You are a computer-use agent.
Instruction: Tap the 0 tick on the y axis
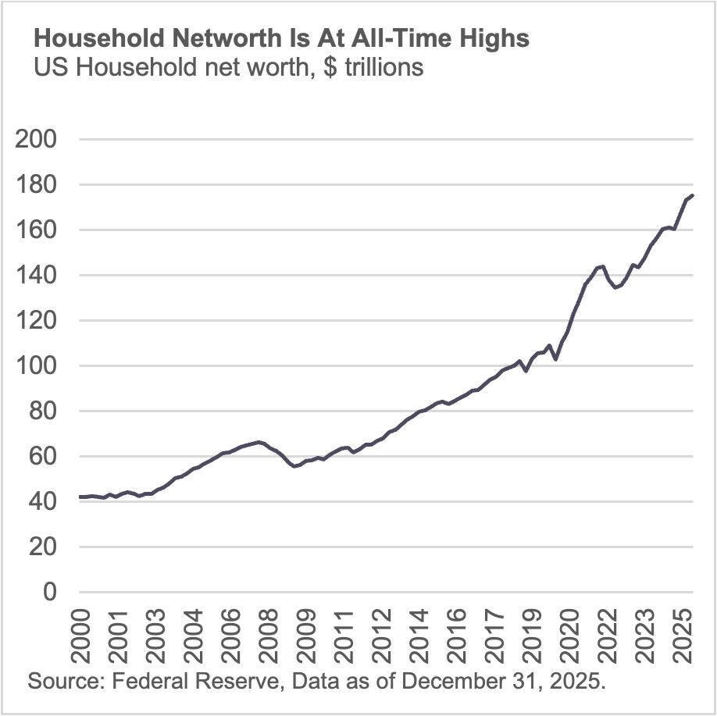pos(50,593)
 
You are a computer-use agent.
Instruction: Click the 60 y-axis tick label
pos(43,457)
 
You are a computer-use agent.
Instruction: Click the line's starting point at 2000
pos(80,497)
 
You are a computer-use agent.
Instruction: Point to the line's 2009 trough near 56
pos(294,466)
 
